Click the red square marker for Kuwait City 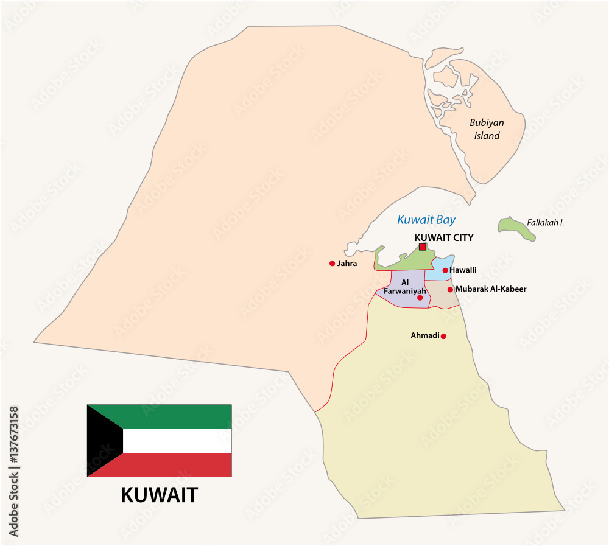tap(423, 247)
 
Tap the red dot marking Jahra tap(332, 264)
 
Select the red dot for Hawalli tap(445, 270)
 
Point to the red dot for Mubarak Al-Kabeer tap(450, 290)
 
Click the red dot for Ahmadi tap(443, 336)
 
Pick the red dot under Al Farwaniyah tap(420, 298)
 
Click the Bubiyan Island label tap(487, 129)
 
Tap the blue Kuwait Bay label tap(426, 220)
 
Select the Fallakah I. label tap(546, 223)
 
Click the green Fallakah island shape tap(515, 228)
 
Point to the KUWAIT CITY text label tap(443, 237)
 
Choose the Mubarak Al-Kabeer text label tap(491, 289)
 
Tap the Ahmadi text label tap(425, 335)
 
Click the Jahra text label tap(347, 264)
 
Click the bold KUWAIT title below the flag tap(160, 495)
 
